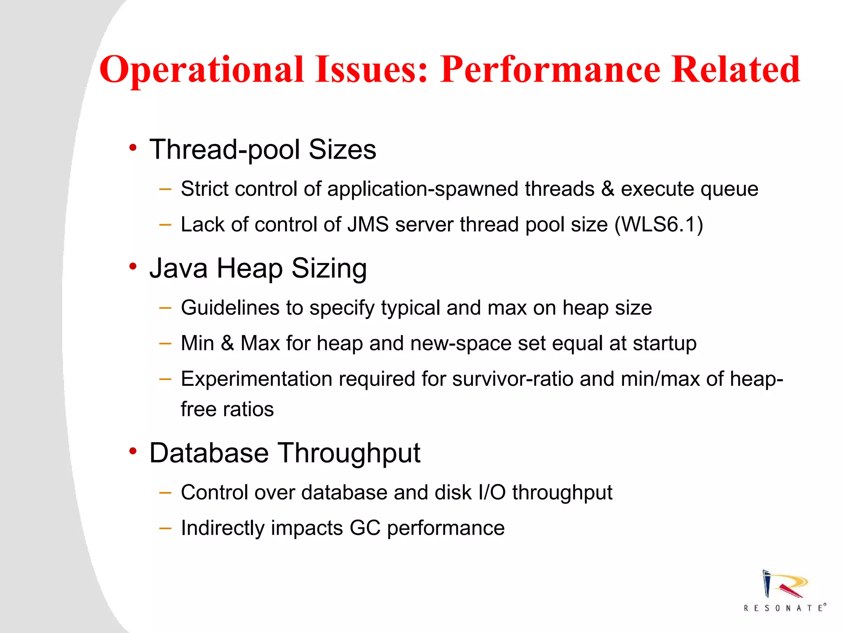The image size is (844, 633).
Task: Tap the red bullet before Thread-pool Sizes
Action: click(132, 148)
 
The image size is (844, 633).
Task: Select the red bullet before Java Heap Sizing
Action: click(132, 267)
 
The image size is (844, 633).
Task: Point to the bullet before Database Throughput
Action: click(132, 451)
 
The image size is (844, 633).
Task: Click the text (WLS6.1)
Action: click(659, 225)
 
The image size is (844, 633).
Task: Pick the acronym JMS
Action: click(368, 225)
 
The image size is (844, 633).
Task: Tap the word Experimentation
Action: click(256, 379)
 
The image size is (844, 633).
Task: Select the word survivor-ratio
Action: click(512, 379)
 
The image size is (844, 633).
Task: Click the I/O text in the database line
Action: click(492, 492)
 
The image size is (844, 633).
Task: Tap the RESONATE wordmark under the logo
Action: click(785, 608)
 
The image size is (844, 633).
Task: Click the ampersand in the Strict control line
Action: click(607, 189)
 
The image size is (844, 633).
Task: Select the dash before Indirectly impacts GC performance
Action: click(165, 528)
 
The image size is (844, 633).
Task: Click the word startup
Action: click(664, 343)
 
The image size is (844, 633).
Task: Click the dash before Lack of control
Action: click(165, 225)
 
